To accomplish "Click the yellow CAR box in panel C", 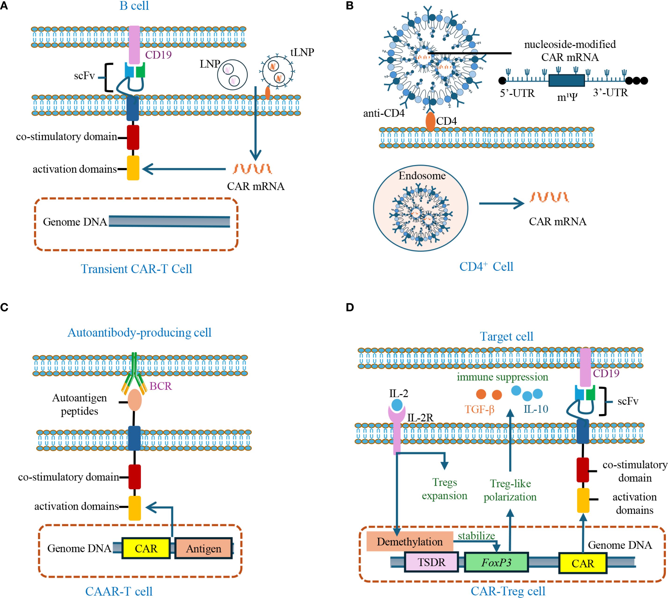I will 146,548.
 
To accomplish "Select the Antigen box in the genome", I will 204,548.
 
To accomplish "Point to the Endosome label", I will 422,176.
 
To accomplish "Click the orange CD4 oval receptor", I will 430,122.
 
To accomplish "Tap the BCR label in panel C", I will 161,386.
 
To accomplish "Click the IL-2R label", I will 420,418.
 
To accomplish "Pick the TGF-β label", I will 479,409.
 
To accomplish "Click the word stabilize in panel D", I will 476,536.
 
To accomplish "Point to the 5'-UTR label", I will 517,93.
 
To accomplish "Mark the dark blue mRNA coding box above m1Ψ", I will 566,80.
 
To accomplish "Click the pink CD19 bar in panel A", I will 134,45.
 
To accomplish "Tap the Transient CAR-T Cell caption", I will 136,269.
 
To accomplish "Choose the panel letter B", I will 350,6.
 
